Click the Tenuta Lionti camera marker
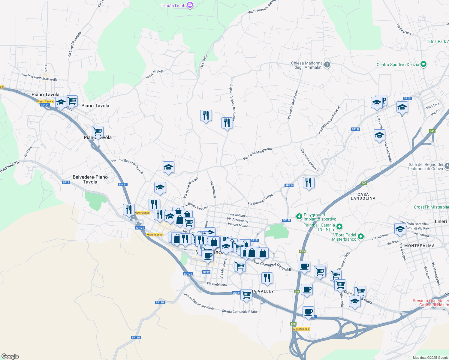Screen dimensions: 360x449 [x=190, y=5]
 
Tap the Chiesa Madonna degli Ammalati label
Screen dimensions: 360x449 [x=307, y=65]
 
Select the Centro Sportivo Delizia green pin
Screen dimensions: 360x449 [x=423, y=64]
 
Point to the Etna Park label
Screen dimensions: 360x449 [x=438, y=41]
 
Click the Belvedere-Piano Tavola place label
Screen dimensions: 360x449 [x=90, y=179]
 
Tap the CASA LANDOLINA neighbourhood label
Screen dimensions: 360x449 [x=363, y=196]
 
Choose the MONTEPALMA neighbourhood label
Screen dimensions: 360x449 [x=419, y=246]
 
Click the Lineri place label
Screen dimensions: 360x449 [x=441, y=221]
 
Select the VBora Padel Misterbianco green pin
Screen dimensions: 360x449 [x=361, y=237]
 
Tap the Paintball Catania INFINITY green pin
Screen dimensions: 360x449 [x=339, y=227]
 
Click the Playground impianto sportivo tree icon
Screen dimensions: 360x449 [x=299, y=216]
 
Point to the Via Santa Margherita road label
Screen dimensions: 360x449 [x=257, y=153]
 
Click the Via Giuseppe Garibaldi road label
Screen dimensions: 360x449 [x=272, y=266]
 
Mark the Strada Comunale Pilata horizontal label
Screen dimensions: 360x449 [x=239, y=312]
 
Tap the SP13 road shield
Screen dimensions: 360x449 [x=66, y=182]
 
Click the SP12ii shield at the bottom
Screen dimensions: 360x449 [x=136, y=337]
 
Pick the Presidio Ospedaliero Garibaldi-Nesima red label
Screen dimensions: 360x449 [x=431, y=303]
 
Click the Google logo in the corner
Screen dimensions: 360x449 [x=10, y=356]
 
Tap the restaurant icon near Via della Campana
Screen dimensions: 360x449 [x=308, y=182]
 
